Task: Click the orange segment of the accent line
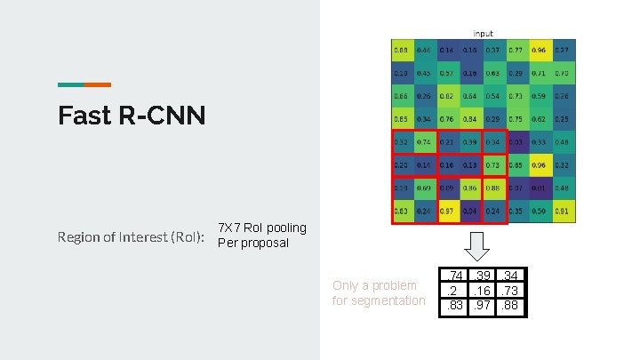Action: click(98, 84)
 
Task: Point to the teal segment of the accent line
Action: click(71, 84)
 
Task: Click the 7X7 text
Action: click(232, 228)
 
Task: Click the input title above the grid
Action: click(484, 34)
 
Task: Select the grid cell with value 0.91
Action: click(562, 212)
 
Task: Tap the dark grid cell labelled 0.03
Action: click(516, 142)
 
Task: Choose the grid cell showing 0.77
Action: click(516, 50)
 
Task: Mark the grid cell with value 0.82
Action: click(446, 96)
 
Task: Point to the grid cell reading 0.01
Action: click(539, 188)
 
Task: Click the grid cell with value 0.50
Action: click(539, 212)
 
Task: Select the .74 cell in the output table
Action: click(455, 276)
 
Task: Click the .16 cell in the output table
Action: click(482, 292)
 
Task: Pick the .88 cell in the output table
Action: click(509, 307)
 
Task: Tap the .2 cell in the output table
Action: click(455, 292)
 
